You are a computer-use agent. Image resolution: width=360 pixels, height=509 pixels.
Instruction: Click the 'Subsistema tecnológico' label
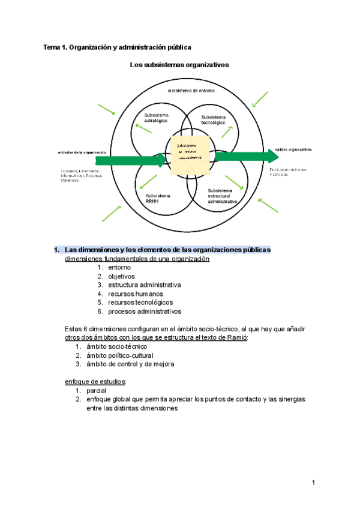[213, 119]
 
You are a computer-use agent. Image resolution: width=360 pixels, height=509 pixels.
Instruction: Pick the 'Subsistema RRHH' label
[158, 198]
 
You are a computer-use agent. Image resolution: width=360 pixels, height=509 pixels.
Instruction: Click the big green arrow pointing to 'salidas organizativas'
[246, 157]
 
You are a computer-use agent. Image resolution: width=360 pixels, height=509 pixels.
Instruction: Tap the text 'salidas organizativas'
[293, 149]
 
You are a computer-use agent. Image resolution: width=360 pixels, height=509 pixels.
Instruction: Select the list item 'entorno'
[119, 267]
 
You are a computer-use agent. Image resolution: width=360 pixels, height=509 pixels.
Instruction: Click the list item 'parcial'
[97, 391]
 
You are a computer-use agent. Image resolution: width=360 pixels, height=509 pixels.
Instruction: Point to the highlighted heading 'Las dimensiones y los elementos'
[167, 249]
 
